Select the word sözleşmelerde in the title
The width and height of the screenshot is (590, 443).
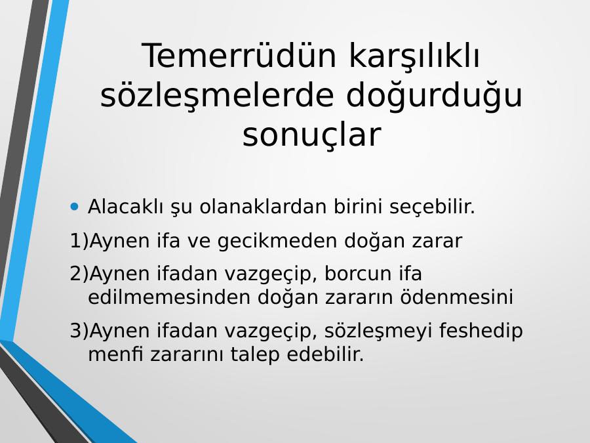pyautogui.click(x=217, y=96)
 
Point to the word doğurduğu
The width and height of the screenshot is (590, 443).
pyautogui.click(x=434, y=96)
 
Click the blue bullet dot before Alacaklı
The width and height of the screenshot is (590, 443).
pyautogui.click(x=75, y=207)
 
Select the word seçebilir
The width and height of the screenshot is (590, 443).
pyautogui.click(x=433, y=207)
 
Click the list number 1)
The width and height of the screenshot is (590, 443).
pyautogui.click(x=79, y=241)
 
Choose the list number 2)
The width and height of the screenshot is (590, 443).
pyautogui.click(x=79, y=274)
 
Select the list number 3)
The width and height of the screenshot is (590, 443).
pyautogui.click(x=79, y=331)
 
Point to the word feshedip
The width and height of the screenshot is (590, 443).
pyautogui.click(x=481, y=331)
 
